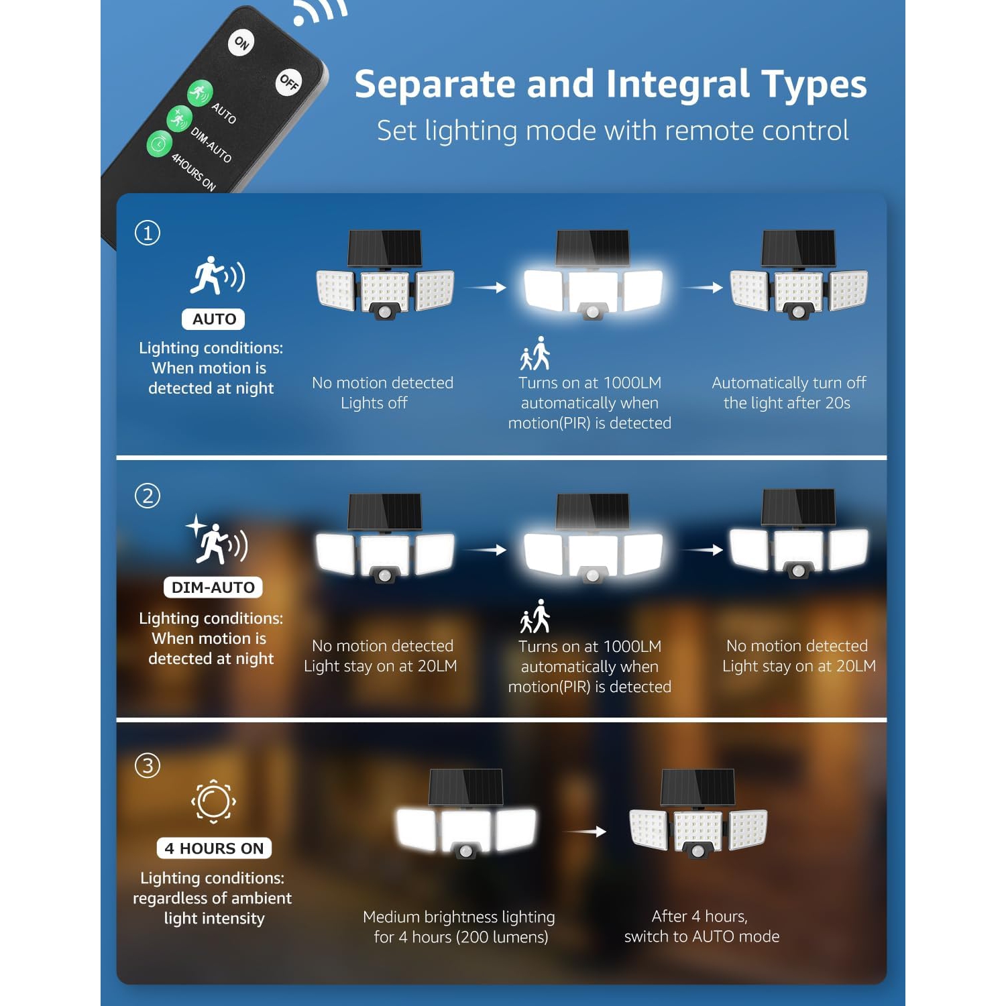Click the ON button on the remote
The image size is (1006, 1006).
(241, 43)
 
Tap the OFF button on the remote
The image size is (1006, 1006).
(289, 82)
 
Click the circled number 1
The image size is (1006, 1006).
(148, 233)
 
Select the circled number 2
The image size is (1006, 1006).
(148, 496)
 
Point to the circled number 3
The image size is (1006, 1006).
(148, 765)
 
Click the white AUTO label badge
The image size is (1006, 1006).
(213, 319)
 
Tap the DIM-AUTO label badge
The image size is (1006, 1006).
(213, 588)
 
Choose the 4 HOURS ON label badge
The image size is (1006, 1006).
(215, 848)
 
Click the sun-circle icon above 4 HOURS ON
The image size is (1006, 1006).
(213, 801)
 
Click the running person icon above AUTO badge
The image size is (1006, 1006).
(217, 276)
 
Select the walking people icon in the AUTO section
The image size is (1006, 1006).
(535, 353)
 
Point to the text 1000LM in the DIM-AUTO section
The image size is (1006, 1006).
(632, 647)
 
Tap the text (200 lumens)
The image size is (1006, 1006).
(502, 937)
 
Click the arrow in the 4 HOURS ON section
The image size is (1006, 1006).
(585, 832)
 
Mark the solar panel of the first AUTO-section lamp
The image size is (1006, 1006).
(385, 248)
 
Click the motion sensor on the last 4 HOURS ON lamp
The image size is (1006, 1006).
(698, 851)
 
